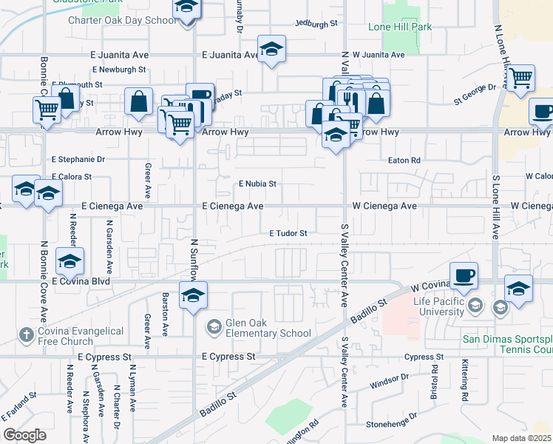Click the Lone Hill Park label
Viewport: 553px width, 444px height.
click(400, 27)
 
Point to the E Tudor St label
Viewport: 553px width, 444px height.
click(288, 233)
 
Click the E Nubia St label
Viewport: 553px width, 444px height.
click(257, 184)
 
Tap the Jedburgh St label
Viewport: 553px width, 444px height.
click(316, 24)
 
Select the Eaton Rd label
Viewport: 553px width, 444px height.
click(404, 160)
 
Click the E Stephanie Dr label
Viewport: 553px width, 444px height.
click(78, 159)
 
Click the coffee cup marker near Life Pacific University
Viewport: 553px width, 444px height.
click(464, 276)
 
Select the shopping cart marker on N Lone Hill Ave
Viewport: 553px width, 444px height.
click(521, 77)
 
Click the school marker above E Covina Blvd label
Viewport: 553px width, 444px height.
click(69, 261)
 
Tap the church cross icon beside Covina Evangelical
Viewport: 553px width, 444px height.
click(26, 335)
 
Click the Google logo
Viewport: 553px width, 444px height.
click(24, 435)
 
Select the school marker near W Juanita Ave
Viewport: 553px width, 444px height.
click(271, 50)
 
